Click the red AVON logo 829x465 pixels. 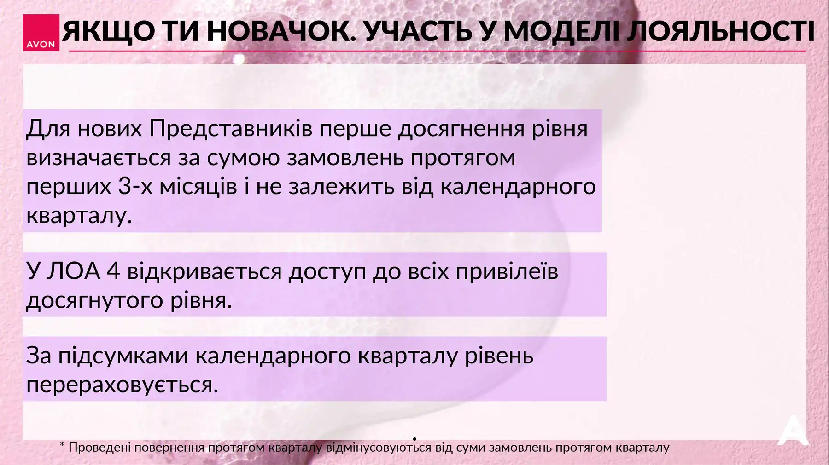pos(41,33)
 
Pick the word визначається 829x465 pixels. pos(99,158)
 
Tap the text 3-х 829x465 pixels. pos(135,186)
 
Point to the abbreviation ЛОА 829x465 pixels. pos(74,271)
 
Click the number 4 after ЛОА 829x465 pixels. pos(113,271)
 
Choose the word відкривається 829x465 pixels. pos(204,271)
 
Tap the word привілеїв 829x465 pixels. pos(507,271)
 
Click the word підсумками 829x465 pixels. pos(123,356)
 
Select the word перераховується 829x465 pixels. pos(122,385)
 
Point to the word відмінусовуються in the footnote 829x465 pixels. pos(379,448)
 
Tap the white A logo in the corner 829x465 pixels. pos(793,431)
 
